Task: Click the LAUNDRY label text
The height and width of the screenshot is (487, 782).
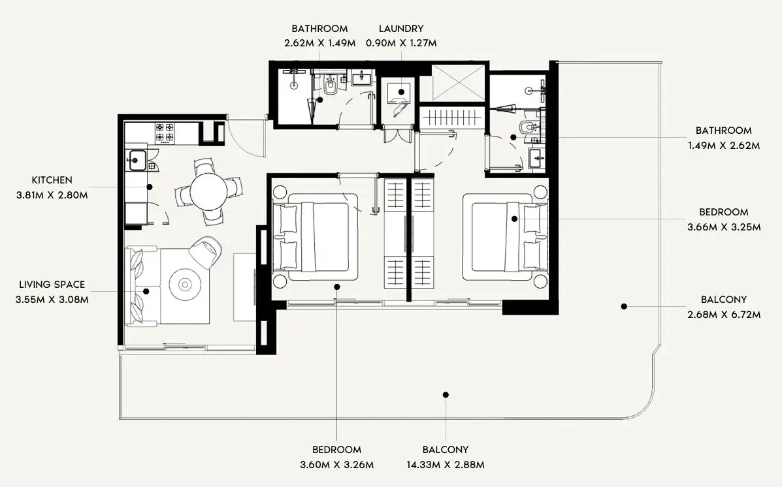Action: pyautogui.click(x=401, y=29)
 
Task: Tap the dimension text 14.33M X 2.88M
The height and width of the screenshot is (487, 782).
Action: pyautogui.click(x=446, y=465)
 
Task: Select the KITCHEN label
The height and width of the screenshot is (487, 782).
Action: pyautogui.click(x=52, y=180)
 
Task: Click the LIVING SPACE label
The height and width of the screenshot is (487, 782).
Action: pyautogui.click(x=52, y=285)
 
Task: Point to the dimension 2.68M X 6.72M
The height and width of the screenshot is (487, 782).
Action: pyautogui.click(x=724, y=315)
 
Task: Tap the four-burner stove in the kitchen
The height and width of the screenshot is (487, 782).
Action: pyautogui.click(x=165, y=132)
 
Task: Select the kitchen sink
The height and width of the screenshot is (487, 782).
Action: pyautogui.click(x=136, y=161)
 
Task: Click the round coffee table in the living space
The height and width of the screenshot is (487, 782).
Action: pyautogui.click(x=185, y=285)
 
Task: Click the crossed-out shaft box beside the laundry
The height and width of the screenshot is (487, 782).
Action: pyautogui.click(x=458, y=83)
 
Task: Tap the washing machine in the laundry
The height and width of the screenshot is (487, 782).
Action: pyautogui.click(x=400, y=97)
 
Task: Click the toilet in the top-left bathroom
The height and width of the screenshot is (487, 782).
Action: pyautogui.click(x=330, y=86)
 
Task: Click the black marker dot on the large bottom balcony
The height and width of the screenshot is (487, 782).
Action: pyautogui.click(x=446, y=395)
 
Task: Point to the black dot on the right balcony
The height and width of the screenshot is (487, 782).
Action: pyautogui.click(x=624, y=307)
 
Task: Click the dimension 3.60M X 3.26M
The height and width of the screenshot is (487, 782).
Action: pyautogui.click(x=336, y=465)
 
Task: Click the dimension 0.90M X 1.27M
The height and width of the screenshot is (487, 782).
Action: pyautogui.click(x=401, y=43)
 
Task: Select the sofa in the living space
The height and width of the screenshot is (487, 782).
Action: pyautogui.click(x=142, y=286)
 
